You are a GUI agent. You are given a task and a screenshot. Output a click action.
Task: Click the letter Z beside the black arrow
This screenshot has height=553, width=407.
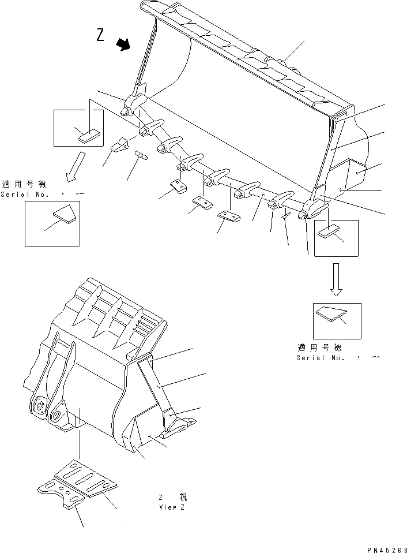[100, 36]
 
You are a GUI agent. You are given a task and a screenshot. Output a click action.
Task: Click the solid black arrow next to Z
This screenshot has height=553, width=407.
[123, 44]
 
